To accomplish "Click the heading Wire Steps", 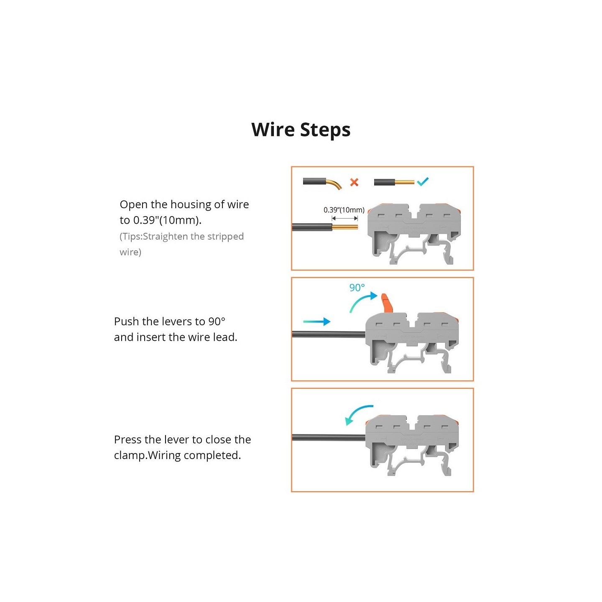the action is click(301, 129).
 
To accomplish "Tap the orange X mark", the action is click(354, 182).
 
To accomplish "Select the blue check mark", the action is click(423, 181).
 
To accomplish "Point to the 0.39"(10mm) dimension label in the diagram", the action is click(344, 210).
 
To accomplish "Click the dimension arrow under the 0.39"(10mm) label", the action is click(344, 218).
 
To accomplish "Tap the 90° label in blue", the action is click(357, 288).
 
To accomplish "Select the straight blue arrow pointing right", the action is click(317, 321).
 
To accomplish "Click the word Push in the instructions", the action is click(127, 321).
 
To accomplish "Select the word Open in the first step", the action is click(134, 205).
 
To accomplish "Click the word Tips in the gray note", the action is click(132, 237).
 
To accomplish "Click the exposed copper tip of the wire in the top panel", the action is click(344, 227).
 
